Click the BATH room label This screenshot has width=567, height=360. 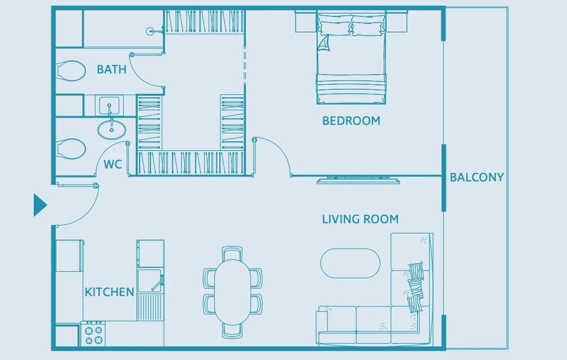tap(111, 69)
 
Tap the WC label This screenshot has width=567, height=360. tap(112, 164)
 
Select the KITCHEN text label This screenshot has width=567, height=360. tap(109, 292)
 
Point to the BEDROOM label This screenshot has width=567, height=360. tap(351, 121)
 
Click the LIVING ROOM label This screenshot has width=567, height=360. tap(360, 219)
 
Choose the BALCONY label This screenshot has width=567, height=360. tap(477, 177)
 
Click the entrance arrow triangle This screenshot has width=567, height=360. tap(40, 205)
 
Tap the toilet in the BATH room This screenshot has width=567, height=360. tap(71, 71)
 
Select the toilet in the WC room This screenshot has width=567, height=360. tap(71, 149)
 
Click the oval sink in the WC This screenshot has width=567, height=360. tap(112, 129)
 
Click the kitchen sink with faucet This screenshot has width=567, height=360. tap(150, 280)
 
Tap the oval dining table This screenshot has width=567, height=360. tap(232, 292)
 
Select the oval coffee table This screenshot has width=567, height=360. tap(350, 263)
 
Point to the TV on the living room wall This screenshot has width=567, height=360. tap(358, 180)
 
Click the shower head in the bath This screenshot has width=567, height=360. tap(150, 32)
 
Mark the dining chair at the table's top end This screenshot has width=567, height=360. tap(232, 253)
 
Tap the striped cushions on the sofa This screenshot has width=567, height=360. tap(416, 287)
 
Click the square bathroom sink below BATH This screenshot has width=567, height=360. tap(109, 106)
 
